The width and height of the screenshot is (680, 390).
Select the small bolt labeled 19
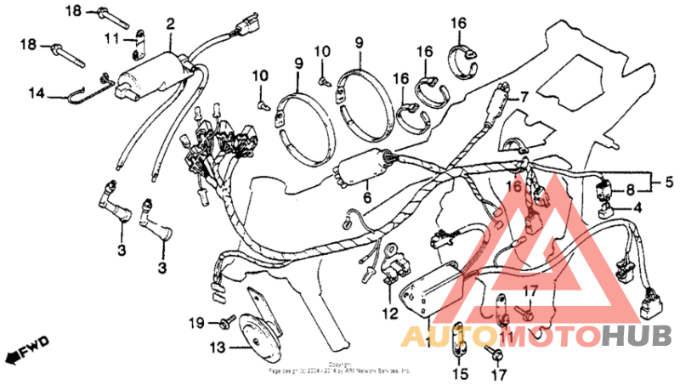(227, 321)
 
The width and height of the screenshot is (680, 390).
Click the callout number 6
(367, 197)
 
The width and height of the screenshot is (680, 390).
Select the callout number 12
(390, 314)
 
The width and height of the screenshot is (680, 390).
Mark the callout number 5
(668, 181)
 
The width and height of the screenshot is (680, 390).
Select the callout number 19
(196, 322)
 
